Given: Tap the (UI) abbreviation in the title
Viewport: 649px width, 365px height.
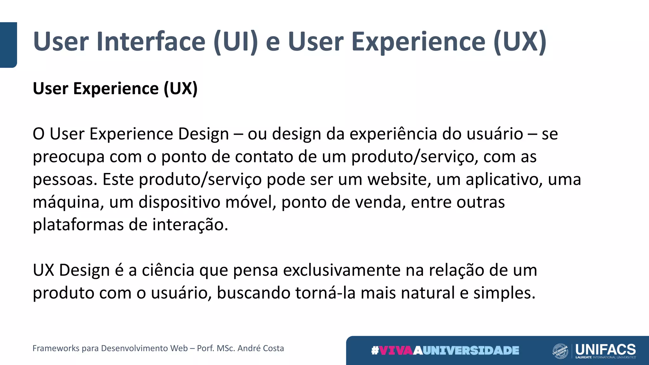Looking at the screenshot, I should [x=236, y=42].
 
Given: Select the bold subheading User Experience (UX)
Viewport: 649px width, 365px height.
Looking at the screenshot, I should [x=115, y=88].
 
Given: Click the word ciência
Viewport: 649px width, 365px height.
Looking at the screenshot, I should [x=168, y=270].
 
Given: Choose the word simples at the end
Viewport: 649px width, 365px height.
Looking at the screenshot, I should [x=504, y=293].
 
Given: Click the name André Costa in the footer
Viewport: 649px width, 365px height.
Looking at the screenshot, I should [x=260, y=348].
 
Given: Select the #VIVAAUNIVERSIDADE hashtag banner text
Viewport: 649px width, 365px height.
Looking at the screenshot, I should [x=445, y=350].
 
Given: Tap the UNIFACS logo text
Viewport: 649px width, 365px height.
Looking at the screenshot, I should [x=605, y=349].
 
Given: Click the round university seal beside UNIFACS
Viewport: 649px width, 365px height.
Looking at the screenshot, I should [x=560, y=351].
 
